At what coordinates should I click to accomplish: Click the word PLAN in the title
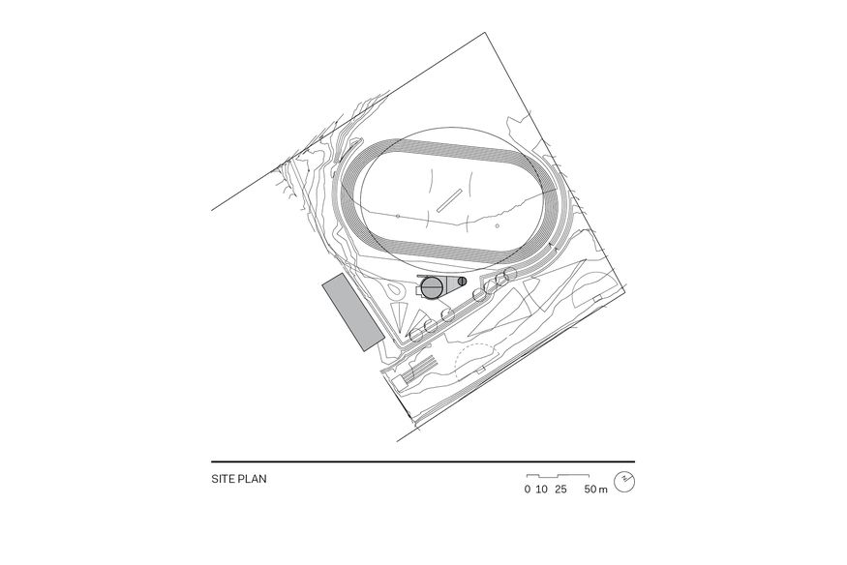point(250,478)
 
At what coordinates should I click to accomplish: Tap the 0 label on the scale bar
point(528,490)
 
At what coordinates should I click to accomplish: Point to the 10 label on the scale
point(542,490)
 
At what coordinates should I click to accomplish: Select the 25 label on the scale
point(560,490)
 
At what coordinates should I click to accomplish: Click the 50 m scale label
point(596,490)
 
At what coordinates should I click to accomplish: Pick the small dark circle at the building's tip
point(462,282)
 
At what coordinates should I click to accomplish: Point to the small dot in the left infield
point(397,214)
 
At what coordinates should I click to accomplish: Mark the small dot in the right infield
point(497,226)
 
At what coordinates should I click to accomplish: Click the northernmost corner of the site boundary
point(485,33)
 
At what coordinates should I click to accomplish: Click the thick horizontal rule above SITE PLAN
point(423,461)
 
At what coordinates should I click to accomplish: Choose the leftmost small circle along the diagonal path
point(416,335)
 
